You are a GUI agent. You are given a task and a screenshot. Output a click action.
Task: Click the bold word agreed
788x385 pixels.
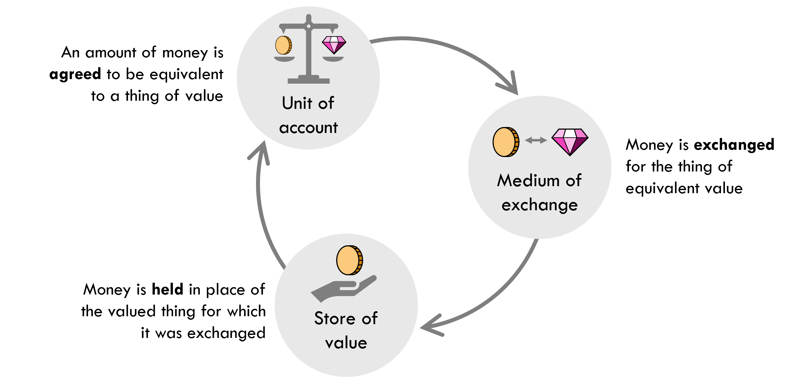(75, 74)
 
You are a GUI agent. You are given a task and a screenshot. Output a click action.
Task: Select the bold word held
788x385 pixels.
(167, 289)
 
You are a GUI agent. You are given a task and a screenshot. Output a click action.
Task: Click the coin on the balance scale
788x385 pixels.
(283, 45)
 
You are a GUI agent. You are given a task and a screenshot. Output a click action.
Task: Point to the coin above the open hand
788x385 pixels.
(349, 260)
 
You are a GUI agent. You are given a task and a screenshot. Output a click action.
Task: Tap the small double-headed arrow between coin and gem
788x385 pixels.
(536, 140)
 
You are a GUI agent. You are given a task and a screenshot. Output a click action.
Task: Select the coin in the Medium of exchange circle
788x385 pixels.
(506, 142)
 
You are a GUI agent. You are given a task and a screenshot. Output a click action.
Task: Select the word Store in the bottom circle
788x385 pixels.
(335, 318)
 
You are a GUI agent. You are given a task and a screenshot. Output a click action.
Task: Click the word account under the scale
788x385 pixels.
(308, 128)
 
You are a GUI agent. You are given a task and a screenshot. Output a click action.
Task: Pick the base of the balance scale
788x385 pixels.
(309, 81)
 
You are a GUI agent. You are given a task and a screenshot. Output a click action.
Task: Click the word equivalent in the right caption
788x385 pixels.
(662, 188)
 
